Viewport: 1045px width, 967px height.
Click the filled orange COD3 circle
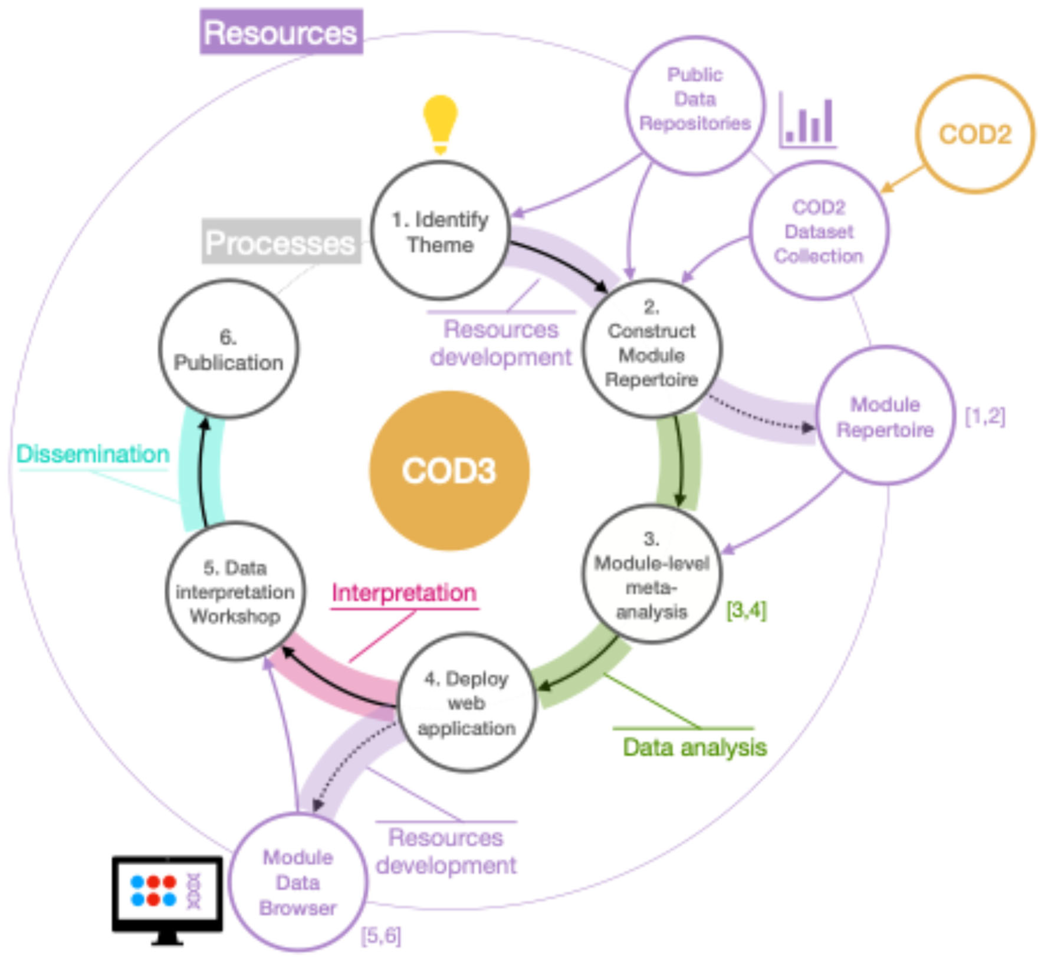click(449, 470)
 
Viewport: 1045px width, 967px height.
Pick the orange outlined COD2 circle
click(974, 134)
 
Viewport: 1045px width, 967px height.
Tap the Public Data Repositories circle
click(694, 105)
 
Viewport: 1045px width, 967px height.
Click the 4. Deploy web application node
click(467, 703)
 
